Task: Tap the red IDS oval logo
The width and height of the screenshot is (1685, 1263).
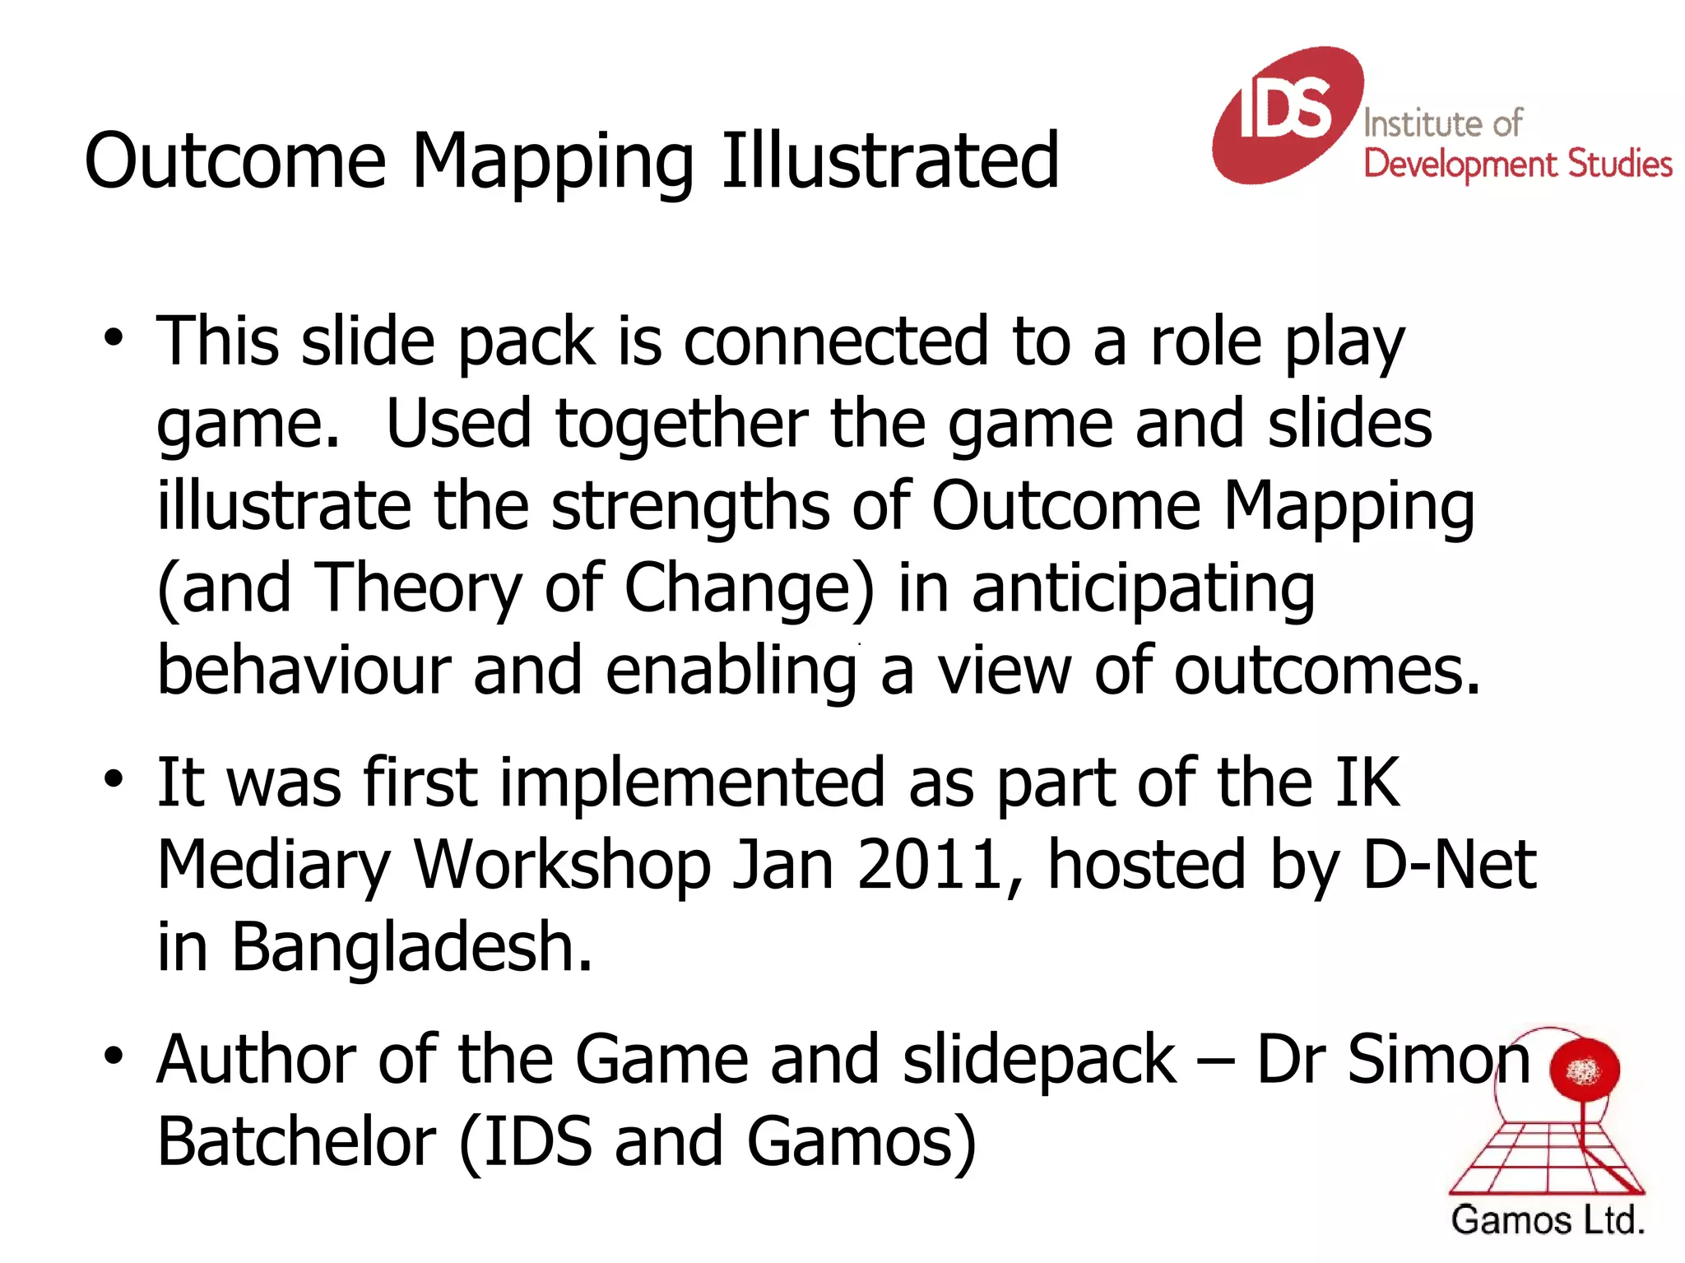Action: pos(1286,114)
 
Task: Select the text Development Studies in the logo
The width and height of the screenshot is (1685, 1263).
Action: pos(1517,165)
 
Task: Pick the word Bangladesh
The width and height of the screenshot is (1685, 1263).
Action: pos(411,948)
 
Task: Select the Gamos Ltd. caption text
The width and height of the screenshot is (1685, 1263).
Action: pos(1547,1220)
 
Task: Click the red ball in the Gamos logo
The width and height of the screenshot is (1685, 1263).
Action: pos(1584,1070)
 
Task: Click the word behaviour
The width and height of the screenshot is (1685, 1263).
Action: pos(304,671)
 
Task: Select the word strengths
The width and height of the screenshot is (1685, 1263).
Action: pos(690,506)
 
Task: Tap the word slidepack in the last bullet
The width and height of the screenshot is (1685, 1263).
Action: pos(1039,1060)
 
